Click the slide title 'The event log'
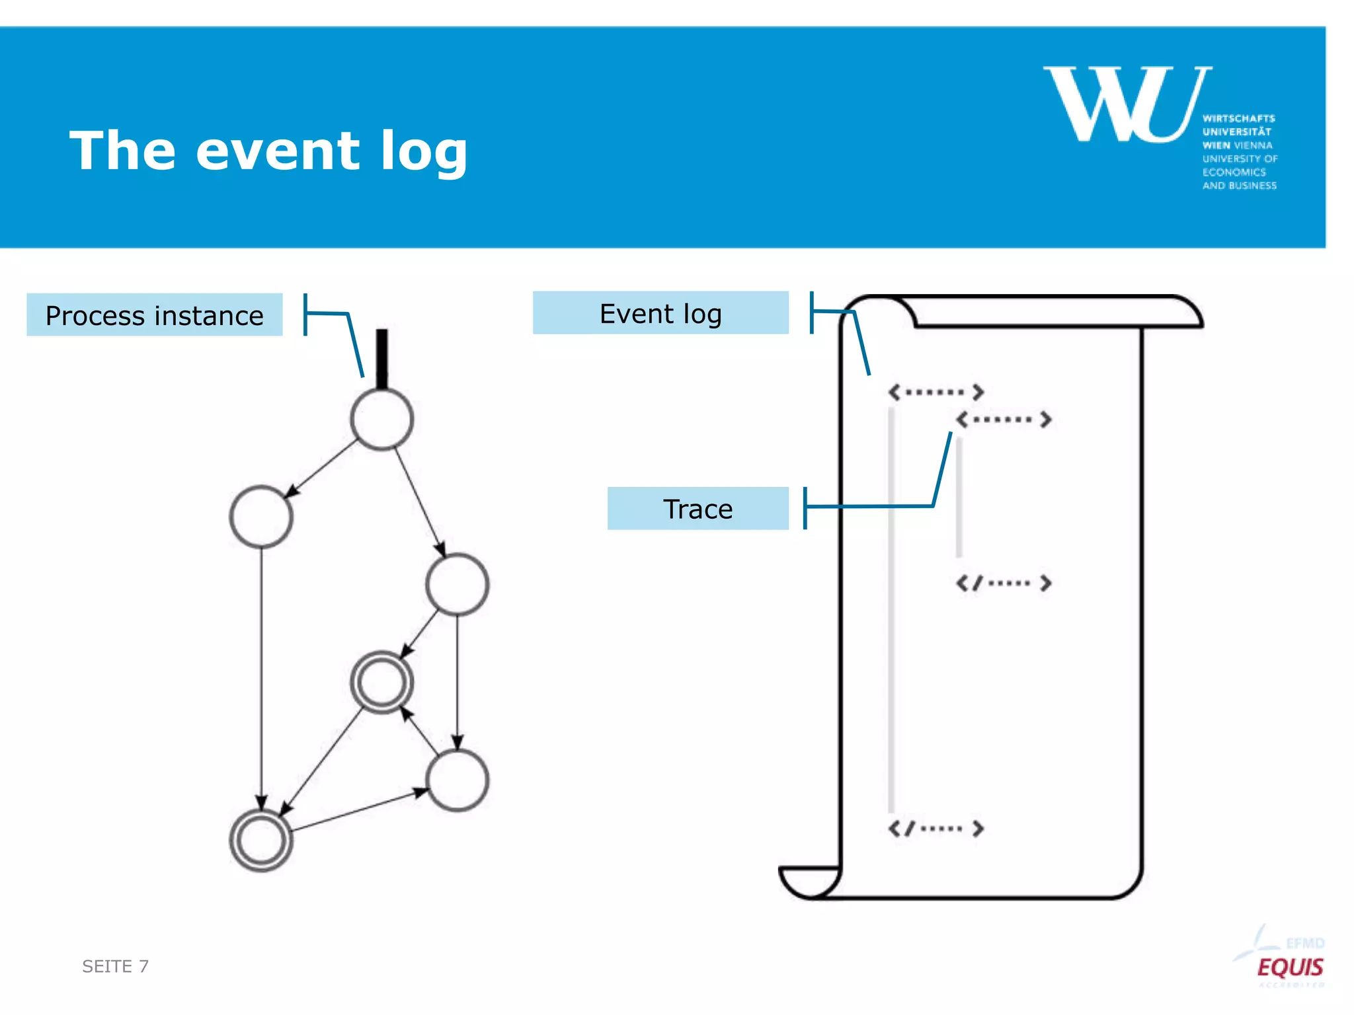(268, 151)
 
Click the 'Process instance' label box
(154, 315)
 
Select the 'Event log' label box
(660, 313)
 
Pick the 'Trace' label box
(697, 509)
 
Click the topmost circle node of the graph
(381, 419)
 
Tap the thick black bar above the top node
(381, 357)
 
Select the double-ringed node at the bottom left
(261, 840)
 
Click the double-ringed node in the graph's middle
(381, 682)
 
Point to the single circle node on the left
(261, 517)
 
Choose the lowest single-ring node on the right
(457, 780)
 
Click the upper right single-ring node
(457, 585)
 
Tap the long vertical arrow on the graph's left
(261, 674)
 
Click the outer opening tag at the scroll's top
(936, 392)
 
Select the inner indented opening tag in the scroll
(1004, 419)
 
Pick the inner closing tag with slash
(1004, 583)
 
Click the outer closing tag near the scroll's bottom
(936, 828)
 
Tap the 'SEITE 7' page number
(115, 966)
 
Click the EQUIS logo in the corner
(1289, 967)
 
